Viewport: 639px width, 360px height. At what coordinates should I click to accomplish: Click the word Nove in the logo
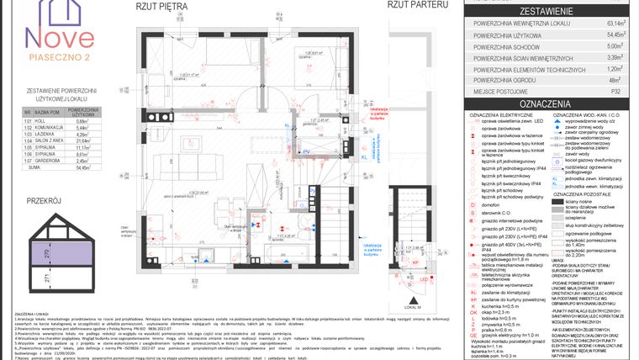click(58, 36)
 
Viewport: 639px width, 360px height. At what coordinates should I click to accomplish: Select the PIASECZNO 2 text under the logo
click(58, 57)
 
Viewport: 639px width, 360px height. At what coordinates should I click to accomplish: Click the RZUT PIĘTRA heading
click(162, 6)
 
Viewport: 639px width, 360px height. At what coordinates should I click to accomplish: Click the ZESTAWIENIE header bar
click(547, 12)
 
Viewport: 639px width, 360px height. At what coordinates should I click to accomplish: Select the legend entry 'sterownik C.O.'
click(497, 214)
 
